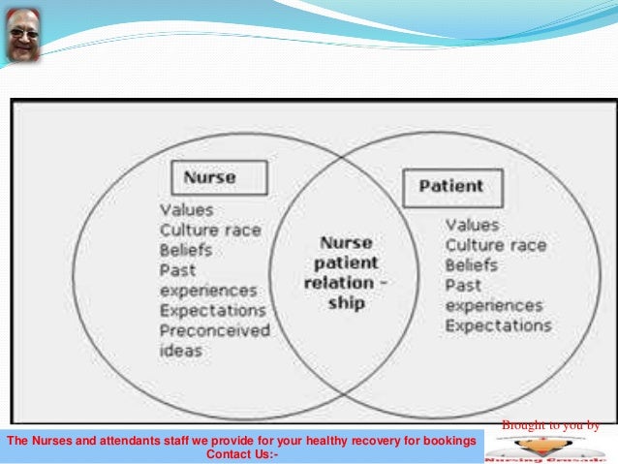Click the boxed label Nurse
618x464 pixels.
tap(210, 177)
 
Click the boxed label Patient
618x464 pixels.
tap(450, 186)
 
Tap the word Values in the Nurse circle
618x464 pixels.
tap(186, 209)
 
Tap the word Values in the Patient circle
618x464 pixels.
tap(473, 225)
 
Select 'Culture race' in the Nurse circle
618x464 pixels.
tap(211, 230)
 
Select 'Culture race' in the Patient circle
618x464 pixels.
tap(495, 245)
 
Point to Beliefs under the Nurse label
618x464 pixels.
tap(184, 250)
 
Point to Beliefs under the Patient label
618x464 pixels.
tap(471, 264)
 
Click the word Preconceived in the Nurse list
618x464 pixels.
tap(214, 330)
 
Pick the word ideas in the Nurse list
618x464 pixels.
tap(181, 350)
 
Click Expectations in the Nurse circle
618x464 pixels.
tap(212, 311)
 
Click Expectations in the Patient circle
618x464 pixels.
tap(498, 325)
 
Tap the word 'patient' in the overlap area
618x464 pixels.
tap(346, 263)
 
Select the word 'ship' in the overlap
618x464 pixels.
tap(346, 304)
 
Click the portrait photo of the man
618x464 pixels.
tap(23, 35)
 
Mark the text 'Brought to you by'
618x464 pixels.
tap(549, 425)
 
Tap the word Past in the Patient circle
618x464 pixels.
tap(462, 286)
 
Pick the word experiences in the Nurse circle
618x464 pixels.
tap(208, 291)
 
